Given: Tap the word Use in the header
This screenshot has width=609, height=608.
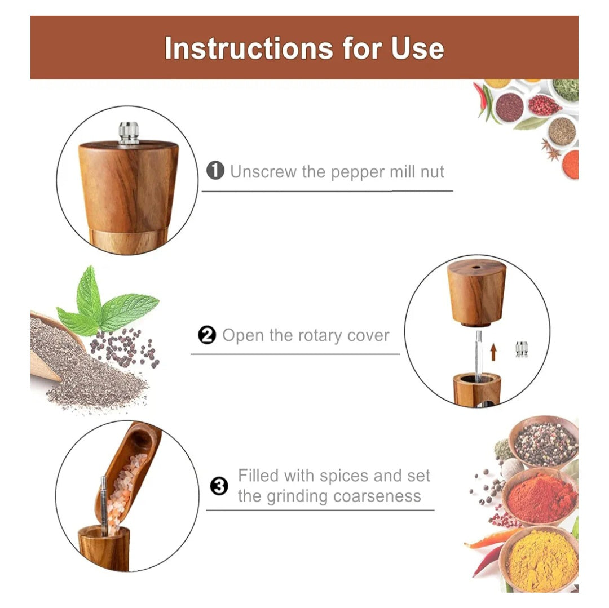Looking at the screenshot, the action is tap(417, 48).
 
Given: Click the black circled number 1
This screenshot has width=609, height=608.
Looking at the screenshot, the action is tap(215, 171).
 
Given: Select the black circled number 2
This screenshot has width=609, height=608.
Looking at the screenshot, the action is tap(207, 335).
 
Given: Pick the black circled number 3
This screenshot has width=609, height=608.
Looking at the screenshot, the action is tap(219, 486).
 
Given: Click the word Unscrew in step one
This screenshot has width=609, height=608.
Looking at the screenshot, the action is tap(264, 171).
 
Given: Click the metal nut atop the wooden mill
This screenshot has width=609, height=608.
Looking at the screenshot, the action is tap(129, 133).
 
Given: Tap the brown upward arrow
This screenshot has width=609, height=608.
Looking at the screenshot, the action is tap(493, 352).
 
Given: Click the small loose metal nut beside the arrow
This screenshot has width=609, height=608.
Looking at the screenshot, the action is tap(522, 349).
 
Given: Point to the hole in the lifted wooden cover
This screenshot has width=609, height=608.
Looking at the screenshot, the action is tap(476, 267).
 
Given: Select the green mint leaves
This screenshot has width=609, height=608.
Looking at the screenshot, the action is tap(105, 304).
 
